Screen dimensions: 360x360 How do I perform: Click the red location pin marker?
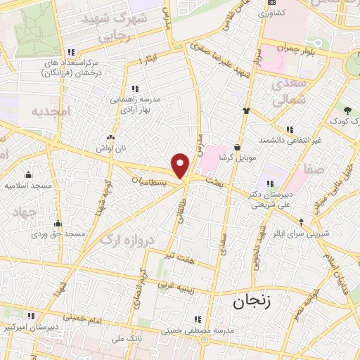click(181, 165)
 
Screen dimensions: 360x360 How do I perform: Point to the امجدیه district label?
click(52, 111)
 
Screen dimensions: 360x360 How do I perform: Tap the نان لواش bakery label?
click(111, 149)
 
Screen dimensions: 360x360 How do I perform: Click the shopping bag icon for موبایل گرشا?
click(238, 147)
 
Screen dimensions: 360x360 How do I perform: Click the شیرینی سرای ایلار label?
click(330, 233)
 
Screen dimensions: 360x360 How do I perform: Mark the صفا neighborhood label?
click(315, 170)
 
